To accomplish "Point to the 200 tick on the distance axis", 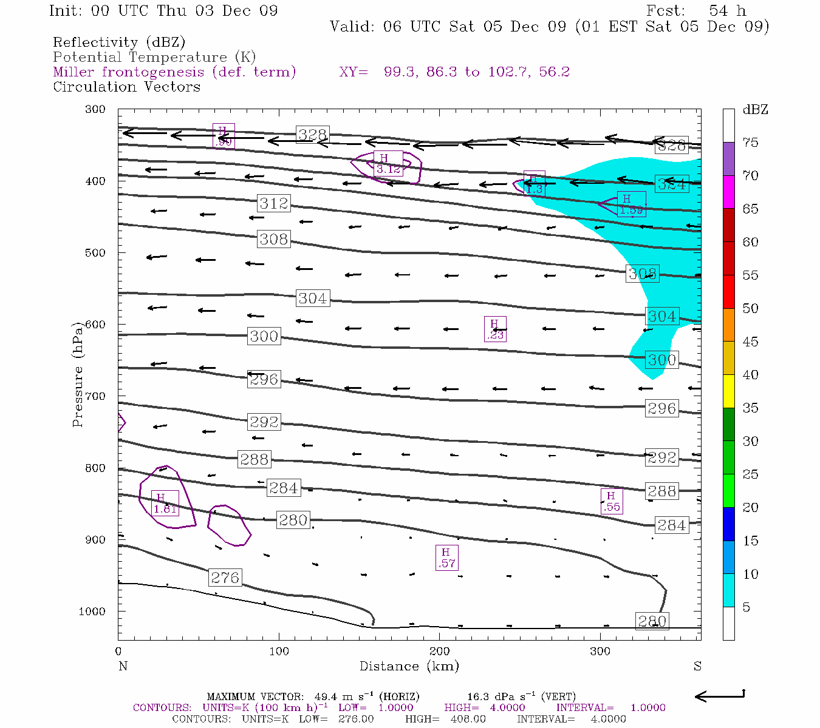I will pos(440,652).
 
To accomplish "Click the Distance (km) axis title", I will pos(409,666).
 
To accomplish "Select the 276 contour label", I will pos(225,578).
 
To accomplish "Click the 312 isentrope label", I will pos(273,203).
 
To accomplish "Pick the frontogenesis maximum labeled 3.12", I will pos(388,164).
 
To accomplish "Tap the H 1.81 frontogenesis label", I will pos(165,504).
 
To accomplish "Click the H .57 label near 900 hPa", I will pos(446,558).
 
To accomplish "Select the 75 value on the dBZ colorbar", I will pos(751,143).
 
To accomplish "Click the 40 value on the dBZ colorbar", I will pos(751,375).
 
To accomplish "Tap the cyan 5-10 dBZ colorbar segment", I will pos(728,590).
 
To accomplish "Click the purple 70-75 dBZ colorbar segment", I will pos(728,159).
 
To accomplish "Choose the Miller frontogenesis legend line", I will pos(174,72).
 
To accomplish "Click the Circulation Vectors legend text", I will pos(126,87).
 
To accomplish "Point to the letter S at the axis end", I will pos(697,666).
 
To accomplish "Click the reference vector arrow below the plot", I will pos(719,696).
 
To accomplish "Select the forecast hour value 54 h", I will pos(727,11).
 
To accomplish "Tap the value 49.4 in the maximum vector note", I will pos(326,697).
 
